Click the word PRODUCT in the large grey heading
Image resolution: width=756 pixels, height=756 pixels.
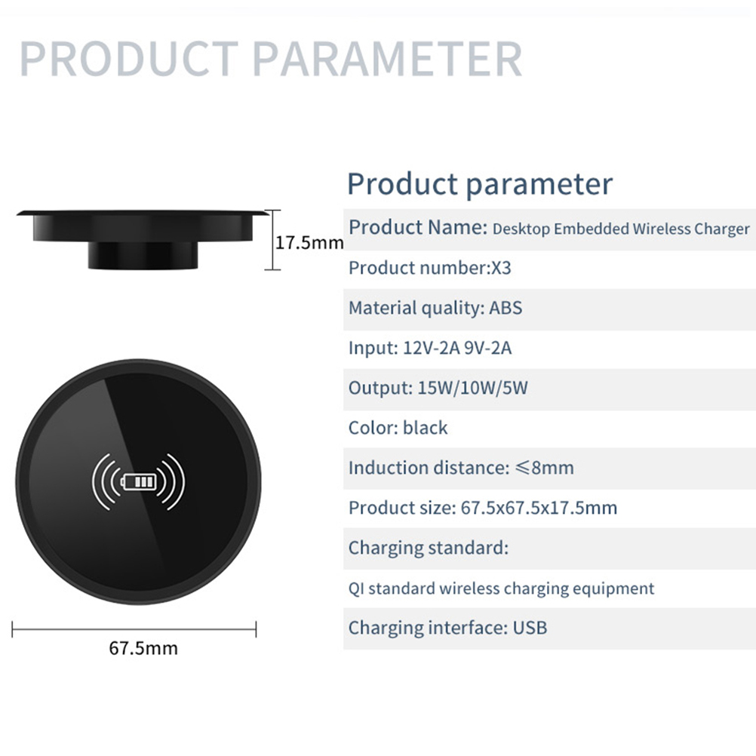point(129,59)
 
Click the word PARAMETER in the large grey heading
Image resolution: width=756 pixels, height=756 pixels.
point(387,59)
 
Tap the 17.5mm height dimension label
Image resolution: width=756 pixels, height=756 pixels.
point(309,242)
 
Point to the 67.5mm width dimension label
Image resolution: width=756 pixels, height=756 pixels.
point(143,648)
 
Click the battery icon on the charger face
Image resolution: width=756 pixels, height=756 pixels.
point(139,481)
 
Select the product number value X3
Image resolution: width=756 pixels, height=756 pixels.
point(501,268)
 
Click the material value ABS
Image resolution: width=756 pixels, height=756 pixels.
point(506,308)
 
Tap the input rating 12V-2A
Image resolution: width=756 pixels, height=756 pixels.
point(431,348)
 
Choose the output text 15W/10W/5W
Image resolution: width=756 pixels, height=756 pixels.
point(472,388)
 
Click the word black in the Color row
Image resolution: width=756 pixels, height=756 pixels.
point(426,428)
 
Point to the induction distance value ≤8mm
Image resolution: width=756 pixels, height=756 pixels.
point(544,468)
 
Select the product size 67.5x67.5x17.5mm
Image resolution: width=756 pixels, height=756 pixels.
point(539,508)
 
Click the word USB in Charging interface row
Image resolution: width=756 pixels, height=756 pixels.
point(530,628)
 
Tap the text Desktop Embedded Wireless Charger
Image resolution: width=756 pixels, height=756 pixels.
point(621,229)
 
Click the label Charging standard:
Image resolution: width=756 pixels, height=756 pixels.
point(429,548)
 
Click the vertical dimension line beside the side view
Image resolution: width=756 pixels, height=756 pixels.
point(272,240)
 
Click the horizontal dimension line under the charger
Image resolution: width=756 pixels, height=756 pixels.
point(134,629)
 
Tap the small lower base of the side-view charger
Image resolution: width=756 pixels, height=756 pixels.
point(143,255)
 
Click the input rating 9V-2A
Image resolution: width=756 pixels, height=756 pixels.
point(487,348)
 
